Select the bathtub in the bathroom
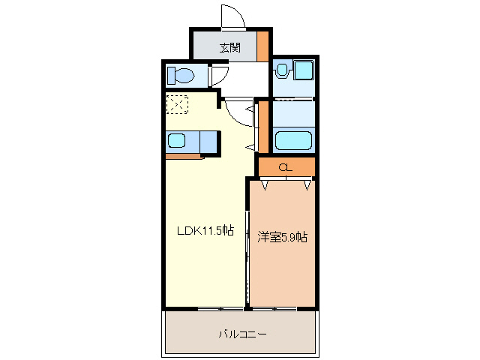point(294,140)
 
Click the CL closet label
point(285,167)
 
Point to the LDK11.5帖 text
point(205,232)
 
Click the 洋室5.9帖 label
point(282,237)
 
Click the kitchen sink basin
point(177,140)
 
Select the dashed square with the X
point(178,104)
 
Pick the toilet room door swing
point(218,75)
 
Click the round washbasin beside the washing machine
point(282,70)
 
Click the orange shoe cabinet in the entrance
point(262,46)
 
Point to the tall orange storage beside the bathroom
point(263,125)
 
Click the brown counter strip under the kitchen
point(184,156)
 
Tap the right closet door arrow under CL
point(307,183)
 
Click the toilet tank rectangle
point(171,74)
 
